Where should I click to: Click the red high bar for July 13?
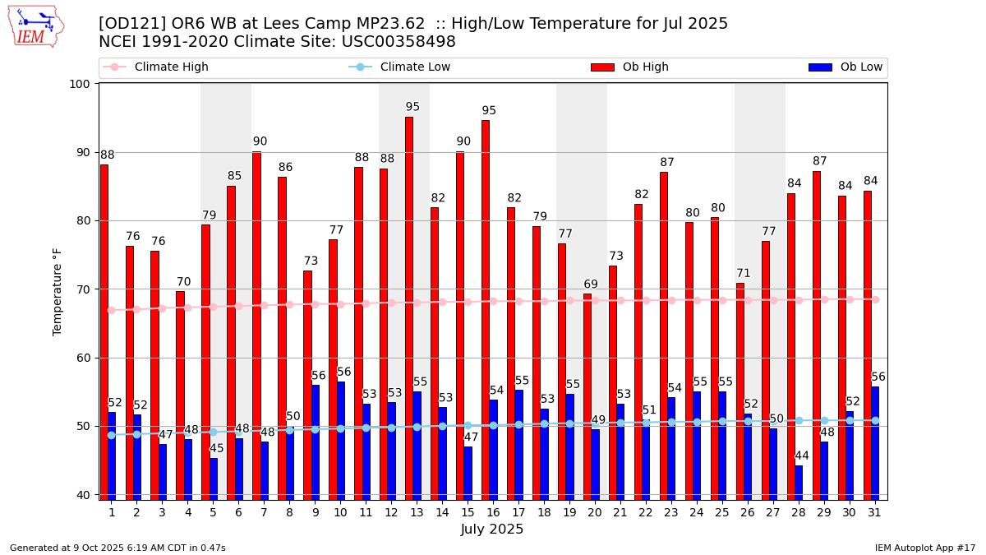[408, 308]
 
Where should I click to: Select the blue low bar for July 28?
[799, 483]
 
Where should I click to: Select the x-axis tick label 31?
[875, 512]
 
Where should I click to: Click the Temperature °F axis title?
[58, 291]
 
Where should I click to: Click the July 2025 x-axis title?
[492, 530]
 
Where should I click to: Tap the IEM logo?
[35, 26]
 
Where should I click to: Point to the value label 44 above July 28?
[802, 456]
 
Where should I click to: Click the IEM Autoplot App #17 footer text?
[924, 548]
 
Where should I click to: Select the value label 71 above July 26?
[743, 274]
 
